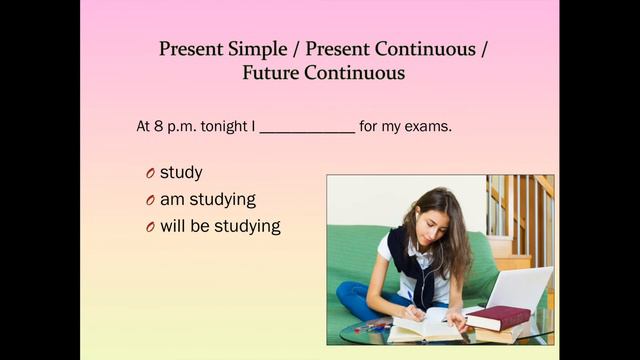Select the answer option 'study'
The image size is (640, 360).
coord(181,173)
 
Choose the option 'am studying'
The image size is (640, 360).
coord(208,199)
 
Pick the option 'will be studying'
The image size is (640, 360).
coord(220,226)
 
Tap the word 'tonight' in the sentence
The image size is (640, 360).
coord(225,127)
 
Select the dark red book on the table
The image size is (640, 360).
coord(497,317)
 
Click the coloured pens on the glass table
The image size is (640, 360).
coord(371,327)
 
